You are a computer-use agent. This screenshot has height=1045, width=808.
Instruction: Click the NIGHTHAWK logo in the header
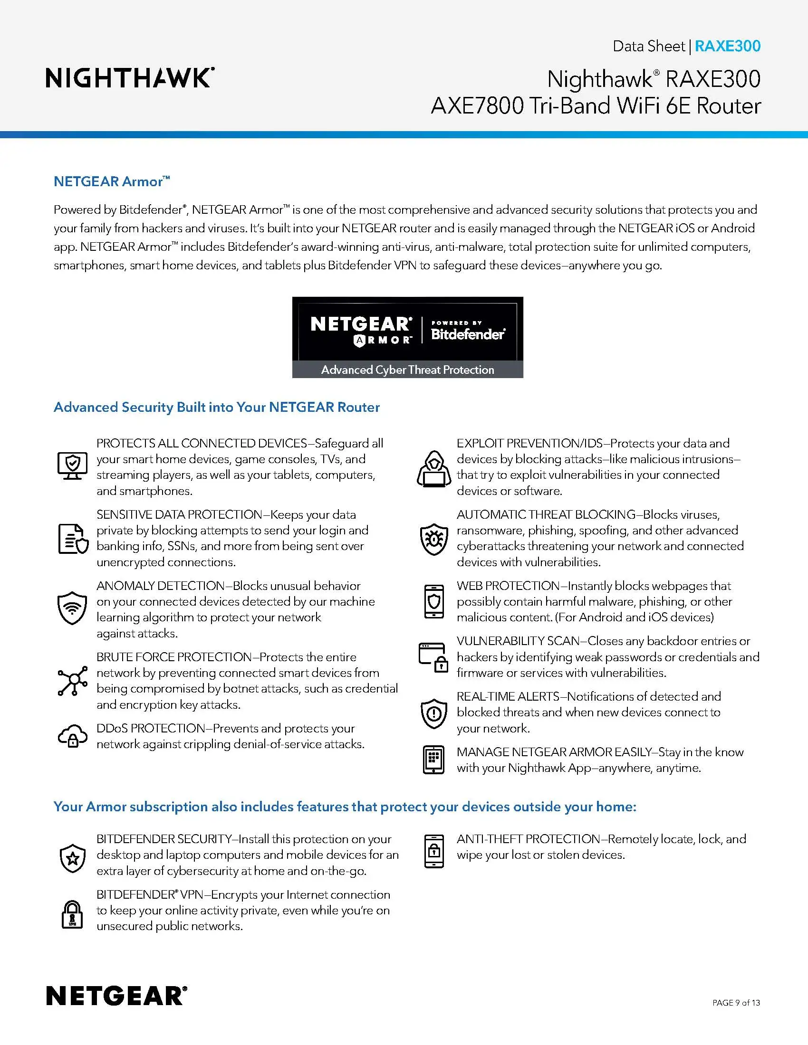[x=130, y=78]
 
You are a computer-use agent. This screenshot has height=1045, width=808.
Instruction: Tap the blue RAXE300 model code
[x=727, y=46]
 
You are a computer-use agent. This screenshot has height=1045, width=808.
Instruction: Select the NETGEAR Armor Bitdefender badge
[x=407, y=337]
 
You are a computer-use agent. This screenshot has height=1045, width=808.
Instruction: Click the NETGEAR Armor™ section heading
[x=112, y=181]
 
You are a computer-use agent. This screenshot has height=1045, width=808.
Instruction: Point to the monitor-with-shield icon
[x=72, y=465]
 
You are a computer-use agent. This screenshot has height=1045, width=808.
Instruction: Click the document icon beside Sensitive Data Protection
[x=73, y=539]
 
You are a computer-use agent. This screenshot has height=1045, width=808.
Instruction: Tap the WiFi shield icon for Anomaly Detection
[x=72, y=608]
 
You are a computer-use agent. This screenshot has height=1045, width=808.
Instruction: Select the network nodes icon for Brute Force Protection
[x=73, y=680]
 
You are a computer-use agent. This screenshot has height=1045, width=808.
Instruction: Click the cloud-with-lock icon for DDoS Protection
[x=73, y=736]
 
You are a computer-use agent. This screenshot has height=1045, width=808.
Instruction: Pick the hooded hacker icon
[x=433, y=469]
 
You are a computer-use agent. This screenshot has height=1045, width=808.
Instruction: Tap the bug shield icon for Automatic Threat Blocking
[x=433, y=539]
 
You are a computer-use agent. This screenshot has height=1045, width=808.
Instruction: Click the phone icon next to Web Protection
[x=433, y=601]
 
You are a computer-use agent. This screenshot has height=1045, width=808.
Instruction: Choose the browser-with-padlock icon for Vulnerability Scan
[x=433, y=657]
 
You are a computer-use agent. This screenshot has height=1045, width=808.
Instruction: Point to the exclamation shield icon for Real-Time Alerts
[x=433, y=713]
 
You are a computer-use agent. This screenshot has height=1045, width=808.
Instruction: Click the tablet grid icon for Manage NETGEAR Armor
[x=433, y=760]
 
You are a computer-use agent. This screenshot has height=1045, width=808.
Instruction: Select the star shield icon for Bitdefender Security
[x=73, y=858]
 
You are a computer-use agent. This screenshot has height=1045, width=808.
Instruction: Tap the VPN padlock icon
[x=73, y=914]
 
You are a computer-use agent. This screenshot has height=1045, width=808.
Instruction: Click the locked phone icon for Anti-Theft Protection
[x=433, y=851]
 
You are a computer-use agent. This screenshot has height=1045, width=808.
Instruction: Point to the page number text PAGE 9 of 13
[x=736, y=1002]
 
